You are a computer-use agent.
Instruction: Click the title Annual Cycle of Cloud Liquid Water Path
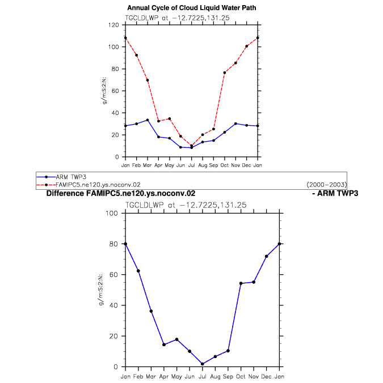[192, 8]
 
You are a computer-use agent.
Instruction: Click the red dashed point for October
[225, 73]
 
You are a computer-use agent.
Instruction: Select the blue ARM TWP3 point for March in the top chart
[148, 120]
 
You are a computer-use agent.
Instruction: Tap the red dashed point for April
[158, 121]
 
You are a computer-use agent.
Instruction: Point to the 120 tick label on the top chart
[113, 25]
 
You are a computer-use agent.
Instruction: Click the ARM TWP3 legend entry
[61, 177]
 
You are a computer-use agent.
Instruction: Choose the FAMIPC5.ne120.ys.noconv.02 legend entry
[89, 185]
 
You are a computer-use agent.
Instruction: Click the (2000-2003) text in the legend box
[326, 185]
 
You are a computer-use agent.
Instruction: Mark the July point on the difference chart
[202, 364]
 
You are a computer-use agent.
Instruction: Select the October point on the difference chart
[241, 283]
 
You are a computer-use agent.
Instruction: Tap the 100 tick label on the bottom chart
[112, 213]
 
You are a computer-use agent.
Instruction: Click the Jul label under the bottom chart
[202, 376]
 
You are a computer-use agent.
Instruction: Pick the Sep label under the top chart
[213, 165]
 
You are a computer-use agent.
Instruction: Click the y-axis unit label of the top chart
[104, 91]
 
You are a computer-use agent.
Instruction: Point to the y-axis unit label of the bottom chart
[101, 290]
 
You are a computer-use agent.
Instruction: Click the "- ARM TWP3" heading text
[335, 193]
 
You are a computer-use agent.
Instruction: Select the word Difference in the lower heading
[65, 193]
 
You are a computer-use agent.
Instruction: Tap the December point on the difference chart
[267, 256]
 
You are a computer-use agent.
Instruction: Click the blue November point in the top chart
[235, 124]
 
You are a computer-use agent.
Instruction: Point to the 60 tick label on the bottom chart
[113, 275]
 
